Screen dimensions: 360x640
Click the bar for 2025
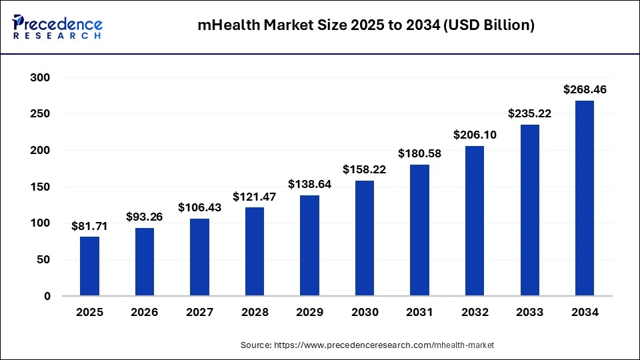89,266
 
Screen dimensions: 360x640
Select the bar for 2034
584,198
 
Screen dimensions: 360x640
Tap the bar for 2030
365,238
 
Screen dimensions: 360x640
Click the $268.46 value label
585,89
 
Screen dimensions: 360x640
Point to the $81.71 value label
89,226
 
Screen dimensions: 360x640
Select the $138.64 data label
309,183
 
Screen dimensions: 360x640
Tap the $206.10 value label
475,135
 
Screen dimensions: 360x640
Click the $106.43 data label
199,208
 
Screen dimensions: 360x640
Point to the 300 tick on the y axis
41,78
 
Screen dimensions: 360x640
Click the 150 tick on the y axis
41,187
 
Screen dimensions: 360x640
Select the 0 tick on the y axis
47,296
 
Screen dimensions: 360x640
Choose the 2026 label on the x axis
145,312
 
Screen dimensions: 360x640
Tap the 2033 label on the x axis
529,312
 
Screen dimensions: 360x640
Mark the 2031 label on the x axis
419,312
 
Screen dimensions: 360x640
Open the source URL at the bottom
367,345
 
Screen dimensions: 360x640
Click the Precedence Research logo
57,27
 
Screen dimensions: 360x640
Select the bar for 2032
475,221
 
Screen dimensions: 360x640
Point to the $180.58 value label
419,153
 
